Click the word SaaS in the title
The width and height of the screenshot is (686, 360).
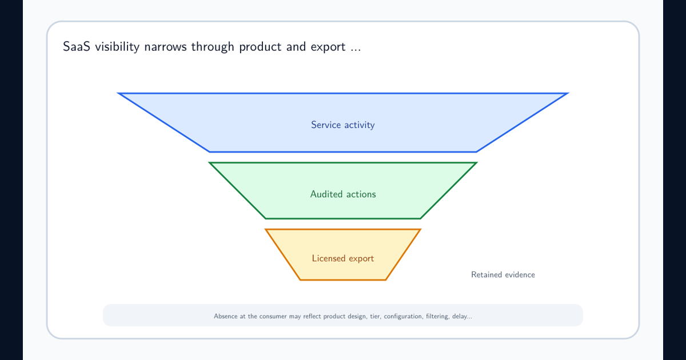(77, 47)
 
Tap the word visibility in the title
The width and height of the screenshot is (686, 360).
(117, 47)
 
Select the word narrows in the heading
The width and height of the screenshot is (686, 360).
(165, 47)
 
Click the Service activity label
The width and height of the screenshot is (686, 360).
(342, 125)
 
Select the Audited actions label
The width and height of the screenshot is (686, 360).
(342, 194)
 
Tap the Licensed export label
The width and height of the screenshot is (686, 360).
(342, 258)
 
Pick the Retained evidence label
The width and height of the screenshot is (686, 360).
(503, 275)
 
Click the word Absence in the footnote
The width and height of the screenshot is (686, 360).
(225, 316)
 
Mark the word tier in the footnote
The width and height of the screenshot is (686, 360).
(376, 317)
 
